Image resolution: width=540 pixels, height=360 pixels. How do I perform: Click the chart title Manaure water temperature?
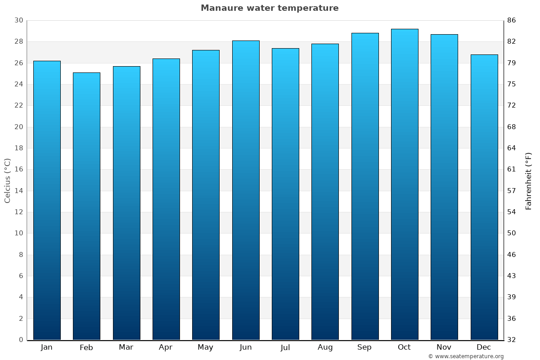pos(270,8)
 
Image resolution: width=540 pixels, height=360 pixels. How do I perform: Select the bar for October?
pos(405,184)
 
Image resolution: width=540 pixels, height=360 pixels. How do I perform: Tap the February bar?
pos(86,206)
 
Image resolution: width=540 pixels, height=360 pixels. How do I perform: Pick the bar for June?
pos(246,190)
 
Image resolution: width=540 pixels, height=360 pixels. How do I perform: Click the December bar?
pos(484,197)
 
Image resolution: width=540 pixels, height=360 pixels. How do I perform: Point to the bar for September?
pos(365,186)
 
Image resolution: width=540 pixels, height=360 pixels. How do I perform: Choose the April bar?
pos(166,199)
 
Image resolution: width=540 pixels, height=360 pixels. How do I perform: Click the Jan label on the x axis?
pos(47,347)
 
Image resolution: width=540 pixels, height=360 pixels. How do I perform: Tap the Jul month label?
pos(285,347)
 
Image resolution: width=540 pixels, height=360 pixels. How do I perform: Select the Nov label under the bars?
pos(444,347)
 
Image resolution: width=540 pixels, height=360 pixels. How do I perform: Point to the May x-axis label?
pos(206,347)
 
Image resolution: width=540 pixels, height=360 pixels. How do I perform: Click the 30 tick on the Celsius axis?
pos(18,20)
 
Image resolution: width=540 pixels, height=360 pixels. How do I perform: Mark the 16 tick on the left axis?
pos(18,170)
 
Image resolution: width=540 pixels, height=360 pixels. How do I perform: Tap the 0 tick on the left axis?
pos(21,340)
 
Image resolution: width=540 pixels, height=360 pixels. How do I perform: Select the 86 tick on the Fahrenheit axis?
pos(512,20)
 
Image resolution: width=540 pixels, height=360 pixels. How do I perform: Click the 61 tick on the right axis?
pos(512,170)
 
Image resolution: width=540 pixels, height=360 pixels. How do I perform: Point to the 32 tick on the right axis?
pos(512,340)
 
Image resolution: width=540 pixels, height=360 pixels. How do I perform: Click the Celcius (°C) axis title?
pos(7,180)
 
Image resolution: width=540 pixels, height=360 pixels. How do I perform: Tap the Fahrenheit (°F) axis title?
pos(529,180)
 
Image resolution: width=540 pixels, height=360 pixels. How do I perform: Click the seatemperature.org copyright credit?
pos(466,356)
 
